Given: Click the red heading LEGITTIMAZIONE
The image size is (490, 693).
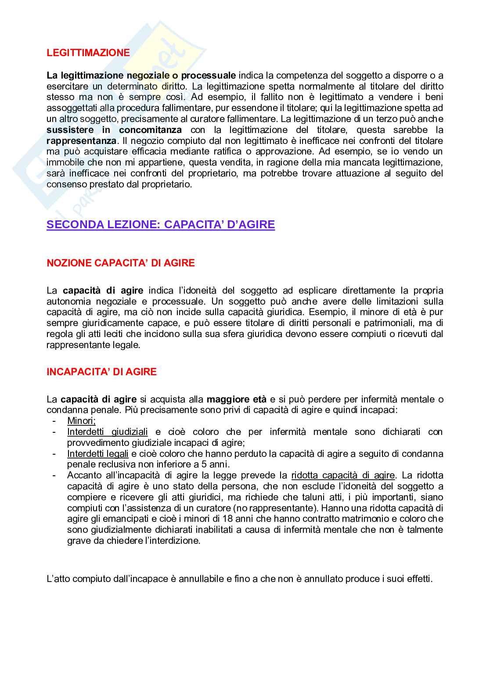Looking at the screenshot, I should (x=88, y=53).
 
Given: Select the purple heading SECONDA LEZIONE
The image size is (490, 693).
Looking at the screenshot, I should (x=161, y=225).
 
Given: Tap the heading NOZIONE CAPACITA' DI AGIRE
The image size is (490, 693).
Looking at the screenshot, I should (x=121, y=263).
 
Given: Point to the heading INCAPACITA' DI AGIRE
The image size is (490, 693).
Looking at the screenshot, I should (x=101, y=372).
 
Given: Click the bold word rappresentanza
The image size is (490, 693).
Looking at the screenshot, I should (x=82, y=141).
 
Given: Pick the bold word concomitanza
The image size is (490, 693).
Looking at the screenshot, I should (x=150, y=130).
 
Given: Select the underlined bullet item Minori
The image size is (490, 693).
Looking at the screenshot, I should (x=81, y=421).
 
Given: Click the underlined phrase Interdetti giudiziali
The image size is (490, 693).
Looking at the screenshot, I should (x=108, y=432).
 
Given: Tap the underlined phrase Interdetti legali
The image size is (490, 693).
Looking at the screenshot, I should (x=98, y=454).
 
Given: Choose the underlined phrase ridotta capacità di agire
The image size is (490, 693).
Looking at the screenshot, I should (x=343, y=475).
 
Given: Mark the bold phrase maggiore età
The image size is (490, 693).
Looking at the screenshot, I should (x=236, y=399).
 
